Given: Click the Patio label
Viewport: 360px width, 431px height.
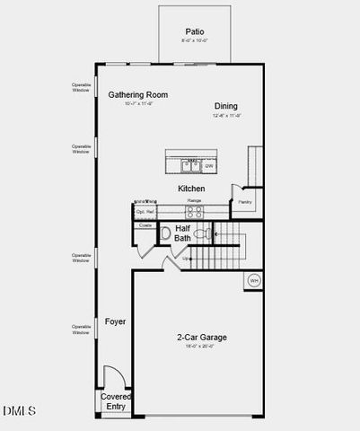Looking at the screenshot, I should coord(194,30).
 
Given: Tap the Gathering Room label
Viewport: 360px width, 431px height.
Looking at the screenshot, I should coord(138,94).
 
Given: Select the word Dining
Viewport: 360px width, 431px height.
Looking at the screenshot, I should coord(225,106).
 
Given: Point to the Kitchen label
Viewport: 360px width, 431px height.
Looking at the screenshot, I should coord(191,189).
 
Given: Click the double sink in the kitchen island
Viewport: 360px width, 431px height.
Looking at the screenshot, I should coord(191,165).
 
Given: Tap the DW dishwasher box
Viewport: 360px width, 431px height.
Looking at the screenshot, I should coord(208,166).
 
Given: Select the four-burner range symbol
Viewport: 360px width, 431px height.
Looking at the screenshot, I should coord(194,213).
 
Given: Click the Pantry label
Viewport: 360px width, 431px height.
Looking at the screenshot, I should coord(244,202).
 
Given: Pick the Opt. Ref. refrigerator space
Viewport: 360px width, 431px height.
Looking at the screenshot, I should coord(145,213).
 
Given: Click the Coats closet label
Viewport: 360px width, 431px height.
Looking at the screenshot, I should coord(145,224).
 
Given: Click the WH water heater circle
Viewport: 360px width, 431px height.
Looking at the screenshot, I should coord(253,280).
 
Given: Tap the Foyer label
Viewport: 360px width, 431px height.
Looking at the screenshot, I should coord(115,321).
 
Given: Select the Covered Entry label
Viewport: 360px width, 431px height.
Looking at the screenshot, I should coord(115,401).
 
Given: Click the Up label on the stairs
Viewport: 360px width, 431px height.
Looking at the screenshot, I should coord(186,259).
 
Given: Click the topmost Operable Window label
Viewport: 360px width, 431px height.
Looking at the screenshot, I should coord(82,88).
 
